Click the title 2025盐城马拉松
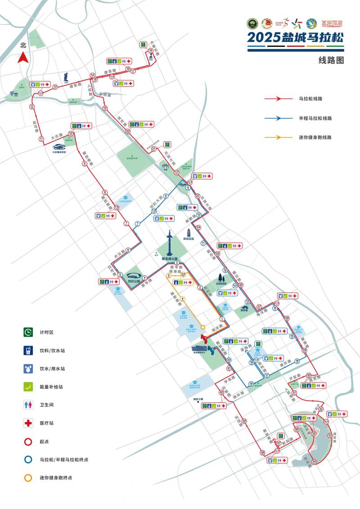(295, 37)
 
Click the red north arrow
(23, 58)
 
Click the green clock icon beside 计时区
(28, 332)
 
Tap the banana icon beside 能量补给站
(28, 387)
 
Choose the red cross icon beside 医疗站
(28, 423)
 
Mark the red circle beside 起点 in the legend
(28, 441)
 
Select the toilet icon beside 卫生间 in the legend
(28, 405)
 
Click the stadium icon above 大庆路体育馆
(59, 146)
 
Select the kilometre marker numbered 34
(314, 462)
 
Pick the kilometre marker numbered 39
(244, 421)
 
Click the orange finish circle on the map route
(203, 327)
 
